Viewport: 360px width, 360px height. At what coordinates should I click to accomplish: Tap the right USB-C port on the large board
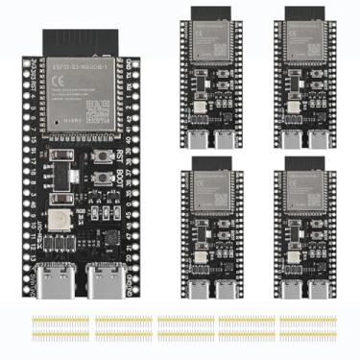pyautogui.click(x=108, y=282)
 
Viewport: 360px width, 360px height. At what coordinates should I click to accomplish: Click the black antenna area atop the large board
pyautogui.click(x=82, y=42)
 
